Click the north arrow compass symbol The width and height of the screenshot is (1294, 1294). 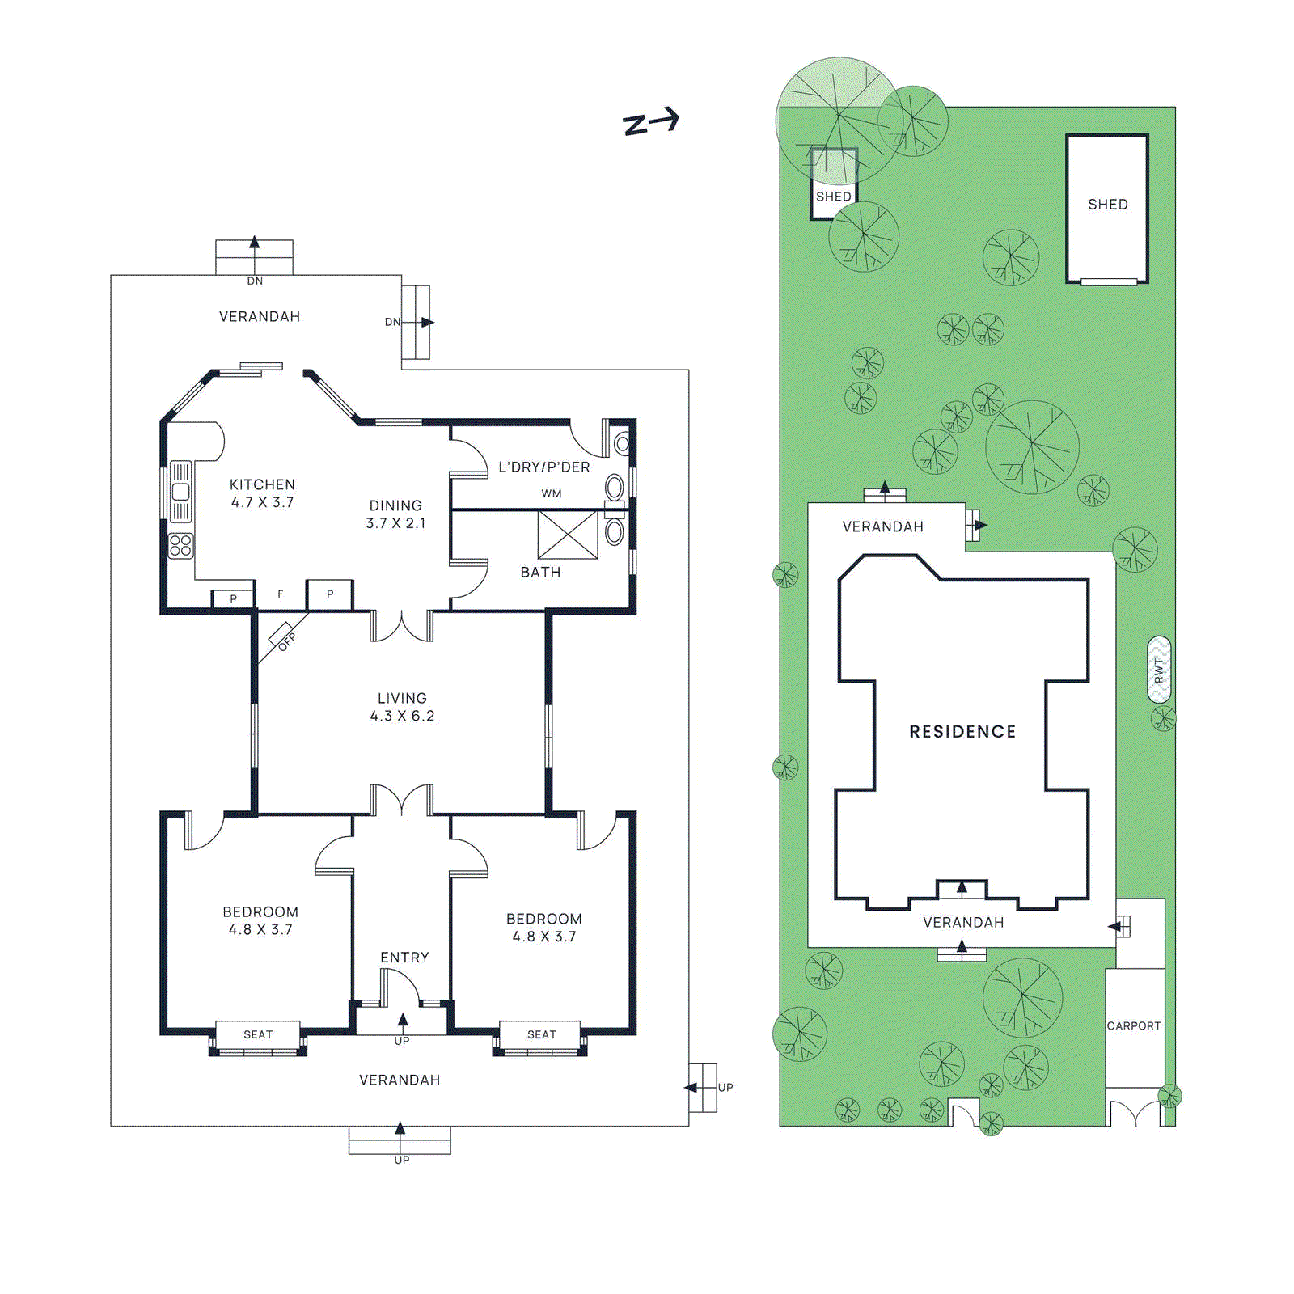tap(651, 122)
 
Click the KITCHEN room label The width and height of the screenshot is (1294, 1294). tap(262, 484)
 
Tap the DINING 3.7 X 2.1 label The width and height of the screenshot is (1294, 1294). tap(395, 514)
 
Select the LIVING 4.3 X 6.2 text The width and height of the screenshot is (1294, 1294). tap(402, 707)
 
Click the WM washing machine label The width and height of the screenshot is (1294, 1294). tap(552, 493)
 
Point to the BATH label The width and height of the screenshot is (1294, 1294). tap(540, 572)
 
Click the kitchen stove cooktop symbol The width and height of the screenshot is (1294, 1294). tap(181, 545)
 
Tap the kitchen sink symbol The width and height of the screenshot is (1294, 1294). tap(181, 491)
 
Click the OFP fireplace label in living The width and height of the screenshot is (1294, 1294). tap(285, 641)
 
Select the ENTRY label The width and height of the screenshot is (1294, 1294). tap(404, 958)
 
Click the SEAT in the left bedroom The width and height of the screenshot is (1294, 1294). tap(258, 1034)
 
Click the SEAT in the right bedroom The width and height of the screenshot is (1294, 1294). tap(541, 1034)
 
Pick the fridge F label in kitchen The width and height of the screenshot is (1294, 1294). tap(281, 594)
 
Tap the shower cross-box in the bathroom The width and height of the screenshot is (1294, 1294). tap(568, 535)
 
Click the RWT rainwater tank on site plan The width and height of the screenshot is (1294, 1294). tap(1159, 670)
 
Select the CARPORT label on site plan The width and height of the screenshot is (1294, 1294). tap(1134, 1025)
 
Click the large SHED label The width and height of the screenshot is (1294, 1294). tap(1107, 205)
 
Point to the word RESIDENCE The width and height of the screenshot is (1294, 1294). tap(962, 731)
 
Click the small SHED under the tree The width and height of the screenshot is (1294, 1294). tap(833, 197)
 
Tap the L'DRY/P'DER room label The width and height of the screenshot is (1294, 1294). tap(543, 467)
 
